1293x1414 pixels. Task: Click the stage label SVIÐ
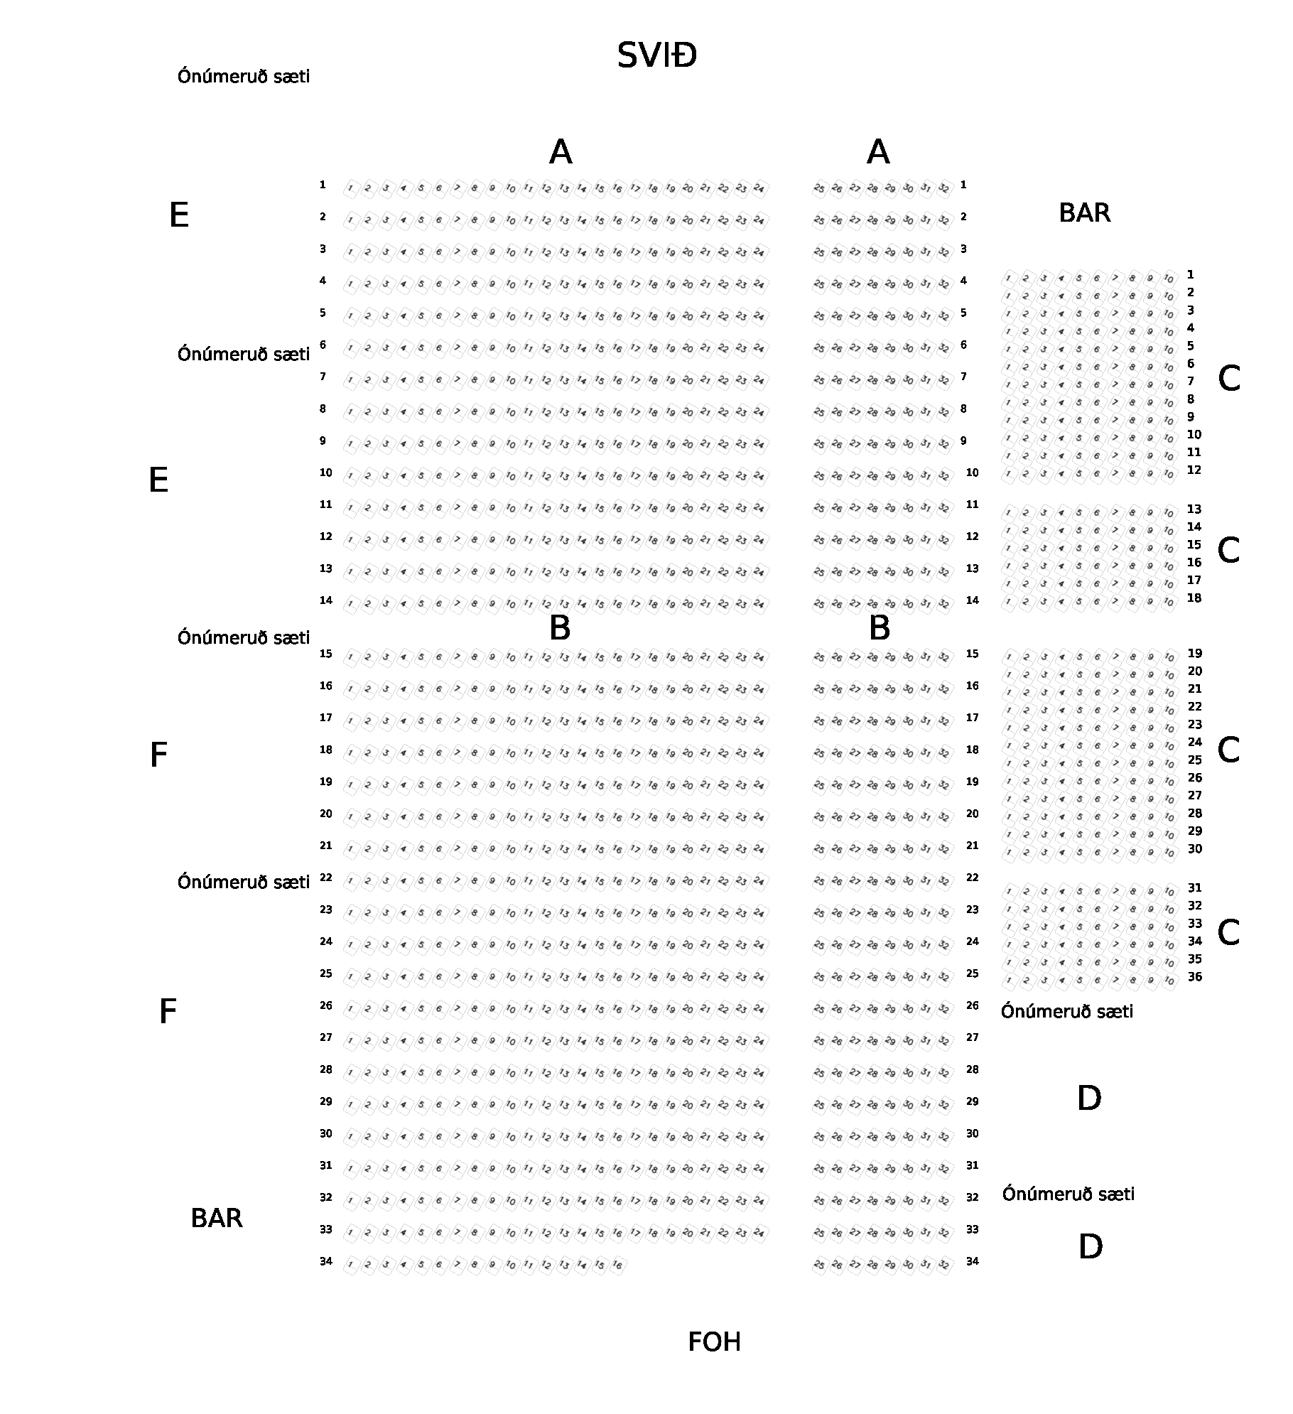coord(656,55)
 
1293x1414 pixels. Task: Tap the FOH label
coord(714,1342)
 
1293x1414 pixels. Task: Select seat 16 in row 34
coord(617,1265)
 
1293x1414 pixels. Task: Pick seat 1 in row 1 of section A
coord(350,189)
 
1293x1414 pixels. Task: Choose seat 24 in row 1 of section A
coord(759,189)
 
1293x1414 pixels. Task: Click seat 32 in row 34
coord(943,1265)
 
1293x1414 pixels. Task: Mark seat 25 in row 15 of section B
coord(819,658)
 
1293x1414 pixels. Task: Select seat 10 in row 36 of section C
coord(1169,981)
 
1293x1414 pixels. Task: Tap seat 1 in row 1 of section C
coord(1009,278)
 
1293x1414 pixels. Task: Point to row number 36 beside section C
coord(1195,977)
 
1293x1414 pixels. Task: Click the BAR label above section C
coord(1084,212)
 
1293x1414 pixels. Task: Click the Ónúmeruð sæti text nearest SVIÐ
coord(244,76)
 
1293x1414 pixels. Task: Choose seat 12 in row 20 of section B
coord(546,818)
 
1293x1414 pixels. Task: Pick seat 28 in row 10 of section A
coord(872,477)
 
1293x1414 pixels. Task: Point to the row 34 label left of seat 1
coord(325,1261)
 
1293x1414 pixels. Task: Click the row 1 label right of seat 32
coord(963,185)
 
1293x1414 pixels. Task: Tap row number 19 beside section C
coord(1195,654)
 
